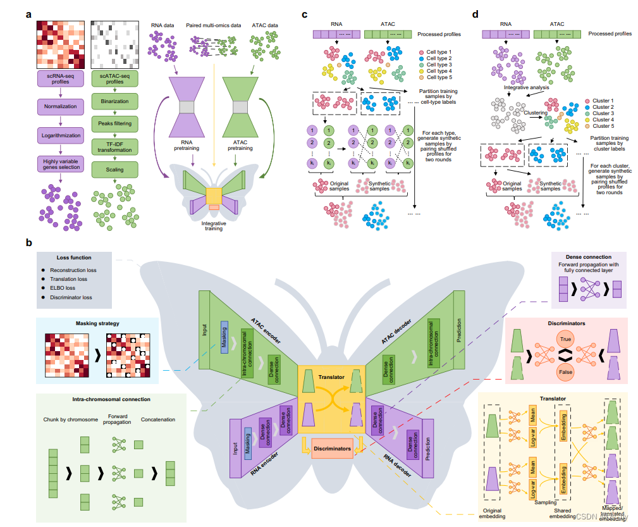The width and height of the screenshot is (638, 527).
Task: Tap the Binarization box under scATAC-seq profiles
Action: (x=114, y=101)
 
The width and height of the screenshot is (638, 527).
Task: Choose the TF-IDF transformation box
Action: (x=114, y=147)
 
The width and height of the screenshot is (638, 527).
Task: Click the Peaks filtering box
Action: (x=114, y=124)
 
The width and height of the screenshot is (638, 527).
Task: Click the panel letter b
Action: (x=28, y=242)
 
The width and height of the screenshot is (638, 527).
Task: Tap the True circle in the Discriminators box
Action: (x=565, y=339)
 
